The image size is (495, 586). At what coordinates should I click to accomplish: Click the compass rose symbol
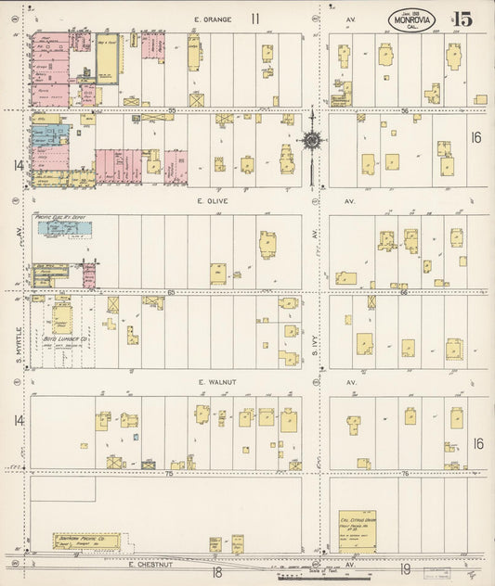(x=312, y=140)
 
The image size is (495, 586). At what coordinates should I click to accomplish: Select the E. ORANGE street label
(x=211, y=19)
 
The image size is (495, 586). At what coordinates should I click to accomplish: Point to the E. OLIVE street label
(x=212, y=200)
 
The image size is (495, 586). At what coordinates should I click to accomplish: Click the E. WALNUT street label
(x=213, y=381)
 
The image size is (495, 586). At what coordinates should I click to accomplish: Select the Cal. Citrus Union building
(x=357, y=529)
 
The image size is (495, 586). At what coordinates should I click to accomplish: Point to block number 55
(x=171, y=109)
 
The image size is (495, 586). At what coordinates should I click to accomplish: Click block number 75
(x=169, y=473)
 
